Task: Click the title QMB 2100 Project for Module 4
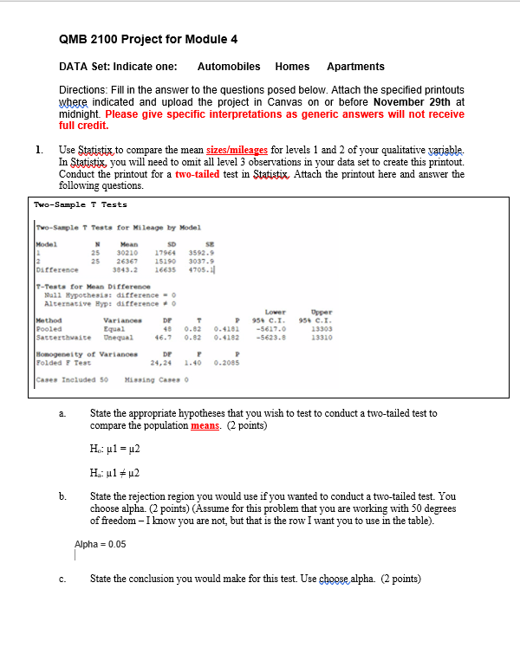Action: coord(148,40)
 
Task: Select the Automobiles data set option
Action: coord(229,67)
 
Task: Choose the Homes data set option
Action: coord(292,67)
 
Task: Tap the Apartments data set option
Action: coord(355,67)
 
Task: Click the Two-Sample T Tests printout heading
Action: coord(81,204)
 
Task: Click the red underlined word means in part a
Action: coord(204,426)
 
